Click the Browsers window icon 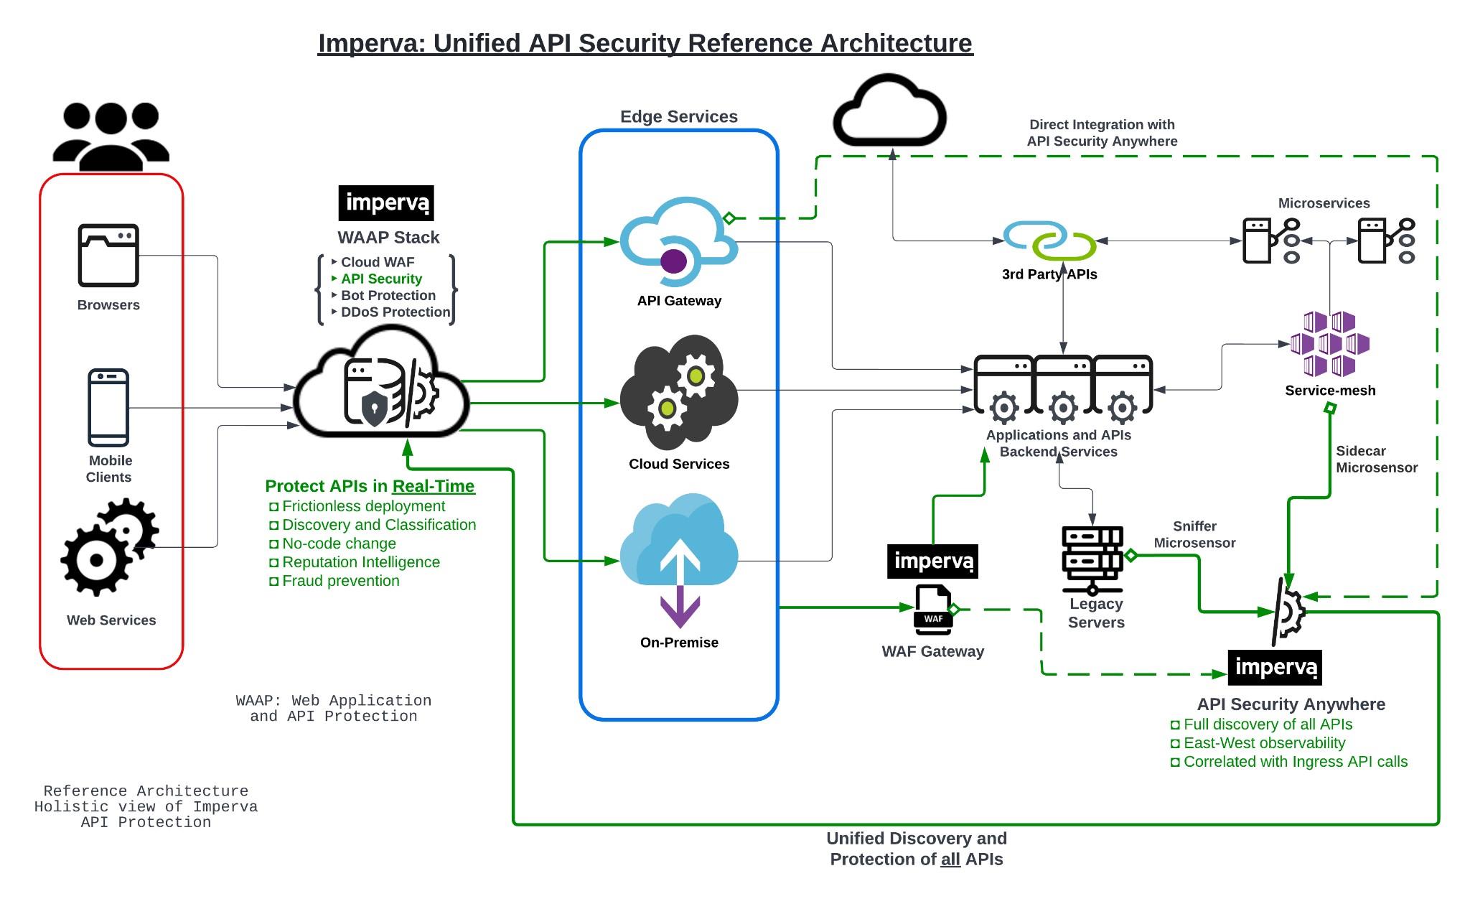(108, 256)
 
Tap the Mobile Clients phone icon (108, 407)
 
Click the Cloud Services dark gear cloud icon (678, 391)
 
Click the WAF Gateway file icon (933, 610)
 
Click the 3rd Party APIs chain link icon (1049, 241)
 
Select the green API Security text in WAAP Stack (381, 279)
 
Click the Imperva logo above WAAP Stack (386, 203)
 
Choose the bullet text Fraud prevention (340, 581)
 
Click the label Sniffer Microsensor (1194, 534)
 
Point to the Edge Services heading (678, 116)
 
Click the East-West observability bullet (1264, 743)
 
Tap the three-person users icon (111, 136)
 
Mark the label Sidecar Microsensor (1376, 459)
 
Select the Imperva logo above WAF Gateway (932, 561)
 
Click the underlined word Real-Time (433, 486)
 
